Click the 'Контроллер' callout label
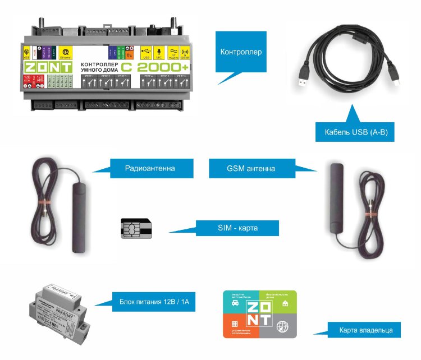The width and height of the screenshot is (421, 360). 241,52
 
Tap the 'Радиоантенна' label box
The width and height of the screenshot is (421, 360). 150,167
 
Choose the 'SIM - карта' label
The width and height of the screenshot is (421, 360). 237,228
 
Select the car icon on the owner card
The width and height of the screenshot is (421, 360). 234,304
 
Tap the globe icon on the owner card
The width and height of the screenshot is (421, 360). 283,326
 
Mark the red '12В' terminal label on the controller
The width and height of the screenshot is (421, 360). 27,78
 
